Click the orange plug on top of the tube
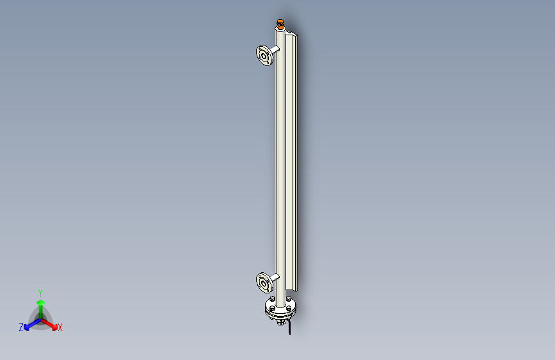[x=280, y=24]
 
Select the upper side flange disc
[x=264, y=55]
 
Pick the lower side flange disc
[x=264, y=282]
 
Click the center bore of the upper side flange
[x=264, y=56]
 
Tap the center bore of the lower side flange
[x=264, y=284]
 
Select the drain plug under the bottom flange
[x=280, y=322]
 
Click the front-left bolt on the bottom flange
[x=272, y=309]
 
